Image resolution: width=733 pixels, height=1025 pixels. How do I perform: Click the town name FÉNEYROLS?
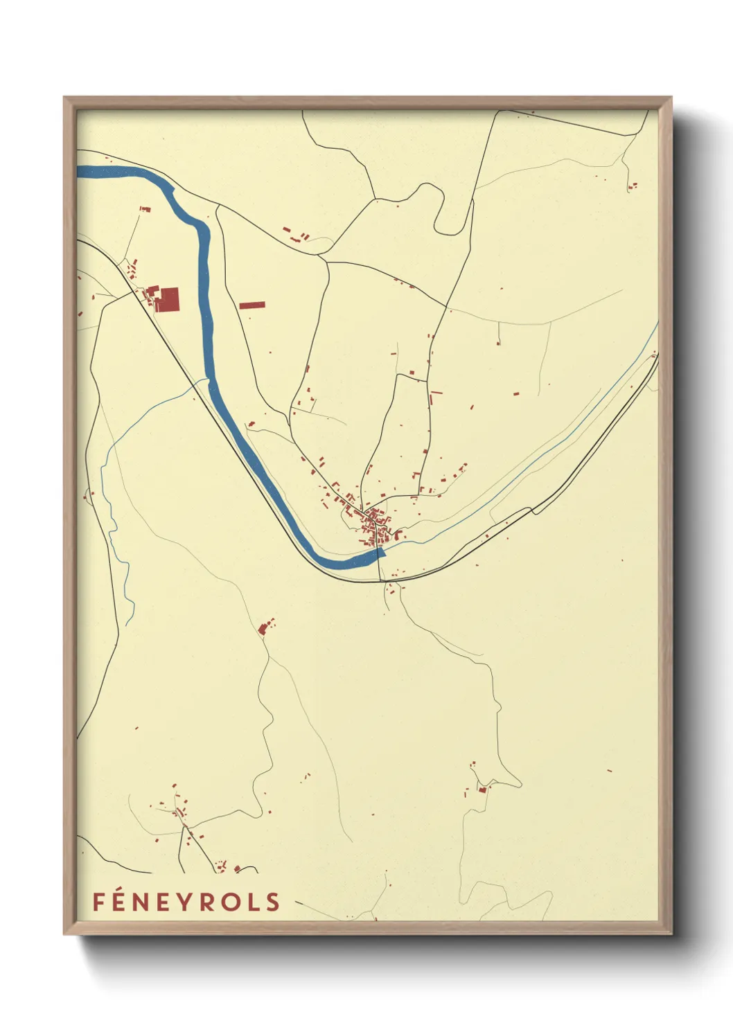point(186,902)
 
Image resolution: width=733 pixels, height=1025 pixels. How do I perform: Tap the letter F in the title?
point(98,902)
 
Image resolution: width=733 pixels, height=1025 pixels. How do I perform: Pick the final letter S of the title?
point(273,902)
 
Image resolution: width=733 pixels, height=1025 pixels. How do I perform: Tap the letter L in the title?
point(251,902)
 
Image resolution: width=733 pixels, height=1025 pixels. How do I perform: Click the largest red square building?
point(167,300)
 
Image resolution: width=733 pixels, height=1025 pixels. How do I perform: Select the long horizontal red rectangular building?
point(252,305)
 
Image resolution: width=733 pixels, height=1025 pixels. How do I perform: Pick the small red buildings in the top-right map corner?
point(633,186)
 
